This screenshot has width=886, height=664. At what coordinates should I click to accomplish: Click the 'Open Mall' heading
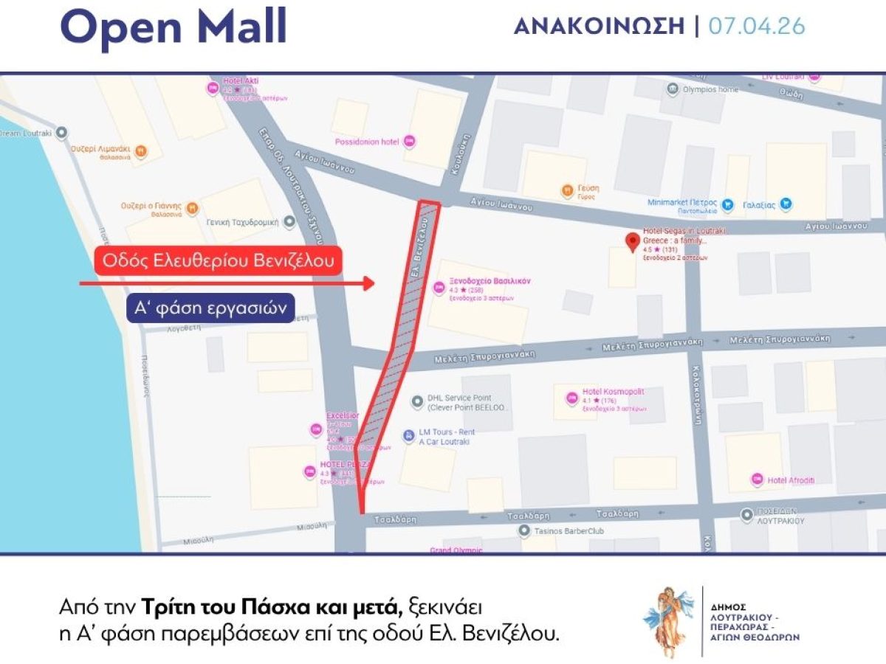click(x=173, y=27)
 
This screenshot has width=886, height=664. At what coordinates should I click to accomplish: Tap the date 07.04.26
click(x=757, y=27)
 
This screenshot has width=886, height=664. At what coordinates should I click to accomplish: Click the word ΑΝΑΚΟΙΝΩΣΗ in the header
click(x=599, y=27)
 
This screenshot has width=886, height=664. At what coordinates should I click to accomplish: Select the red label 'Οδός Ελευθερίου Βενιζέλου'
click(x=218, y=260)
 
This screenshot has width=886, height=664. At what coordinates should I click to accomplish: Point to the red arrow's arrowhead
click(x=368, y=283)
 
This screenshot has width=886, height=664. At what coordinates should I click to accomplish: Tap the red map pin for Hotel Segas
click(x=632, y=242)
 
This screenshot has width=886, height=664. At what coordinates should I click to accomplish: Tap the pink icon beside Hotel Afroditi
click(x=757, y=480)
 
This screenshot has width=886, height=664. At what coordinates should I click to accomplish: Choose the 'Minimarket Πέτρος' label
click(x=683, y=204)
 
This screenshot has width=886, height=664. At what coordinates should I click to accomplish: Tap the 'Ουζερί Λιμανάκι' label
click(x=101, y=149)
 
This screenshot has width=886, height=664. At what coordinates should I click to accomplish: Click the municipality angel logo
click(x=669, y=621)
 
